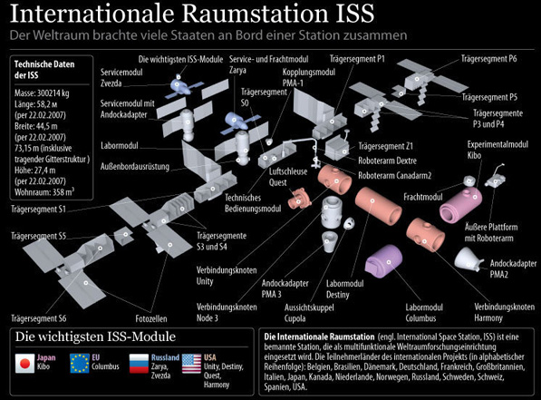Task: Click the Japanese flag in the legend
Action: click(24, 363)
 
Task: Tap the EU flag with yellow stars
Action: click(80, 363)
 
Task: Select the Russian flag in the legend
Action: click(139, 364)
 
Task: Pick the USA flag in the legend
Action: click(191, 364)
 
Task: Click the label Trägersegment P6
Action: click(489, 59)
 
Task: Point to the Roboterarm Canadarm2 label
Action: click(395, 175)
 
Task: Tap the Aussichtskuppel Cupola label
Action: click(309, 313)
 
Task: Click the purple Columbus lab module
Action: click(384, 261)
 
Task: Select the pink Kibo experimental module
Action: click(460, 204)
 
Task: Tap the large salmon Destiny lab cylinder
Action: click(378, 206)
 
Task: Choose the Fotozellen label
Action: click(151, 318)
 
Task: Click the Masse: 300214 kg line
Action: click(42, 93)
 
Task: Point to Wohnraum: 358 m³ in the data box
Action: click(44, 191)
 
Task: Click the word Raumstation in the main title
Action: click(255, 13)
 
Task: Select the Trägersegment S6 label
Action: click(39, 318)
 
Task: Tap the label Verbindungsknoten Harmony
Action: click(504, 312)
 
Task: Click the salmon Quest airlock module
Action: click(299, 199)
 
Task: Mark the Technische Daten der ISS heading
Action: click(44, 70)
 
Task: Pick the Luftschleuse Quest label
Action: click(288, 177)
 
